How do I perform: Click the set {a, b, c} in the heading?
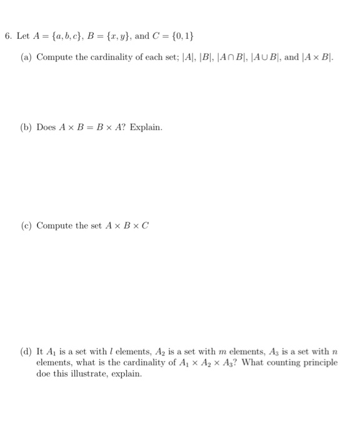[x=61, y=36]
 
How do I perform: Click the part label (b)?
[x=26, y=127]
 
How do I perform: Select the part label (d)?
[x=26, y=352]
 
